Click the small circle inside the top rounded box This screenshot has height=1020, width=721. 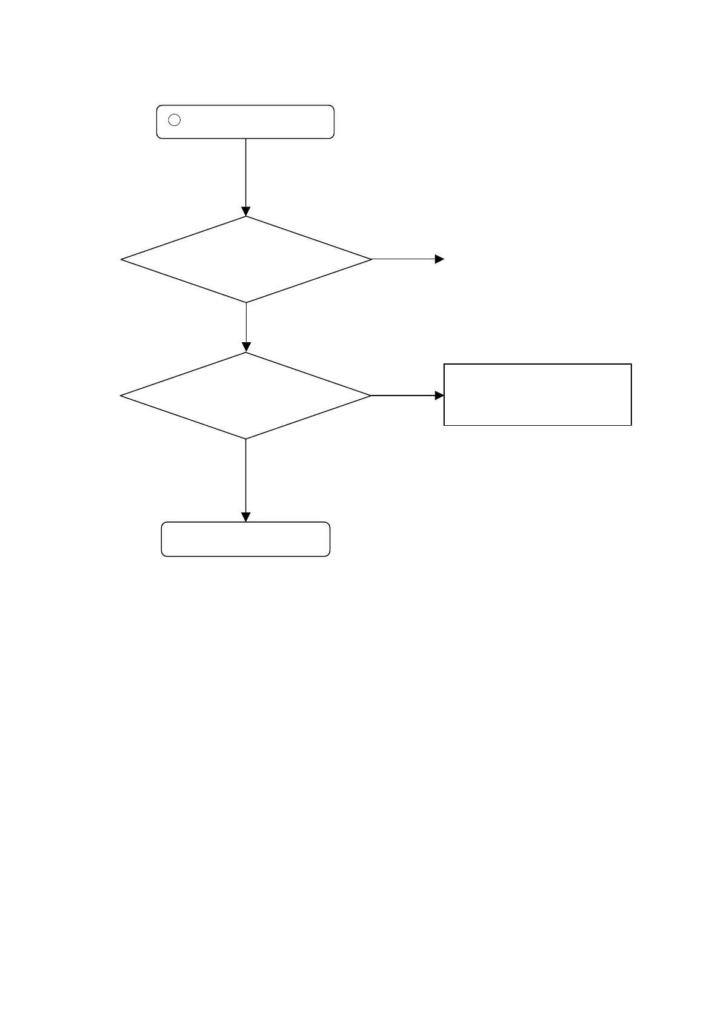point(174,120)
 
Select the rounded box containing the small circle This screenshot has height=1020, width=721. point(245,122)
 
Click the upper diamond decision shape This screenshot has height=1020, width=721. point(246,259)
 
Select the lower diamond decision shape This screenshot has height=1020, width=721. point(245,396)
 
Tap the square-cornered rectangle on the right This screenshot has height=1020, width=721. point(537,394)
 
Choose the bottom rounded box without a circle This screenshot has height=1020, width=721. point(245,539)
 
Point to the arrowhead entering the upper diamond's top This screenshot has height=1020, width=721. point(245,212)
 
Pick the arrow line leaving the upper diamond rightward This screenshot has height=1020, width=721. point(403,259)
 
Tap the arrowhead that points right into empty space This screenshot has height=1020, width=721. point(440,259)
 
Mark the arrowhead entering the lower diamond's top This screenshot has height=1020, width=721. point(246,348)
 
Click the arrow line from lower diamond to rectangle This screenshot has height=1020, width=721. point(403,396)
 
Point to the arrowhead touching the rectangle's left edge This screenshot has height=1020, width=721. point(440,396)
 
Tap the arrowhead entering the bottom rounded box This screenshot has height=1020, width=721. point(245,517)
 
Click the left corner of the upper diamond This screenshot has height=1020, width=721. point(122,259)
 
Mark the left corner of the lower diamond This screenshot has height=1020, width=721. point(121,396)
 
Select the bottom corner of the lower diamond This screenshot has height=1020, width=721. point(245,439)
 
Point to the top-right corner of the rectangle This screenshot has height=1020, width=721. point(631,364)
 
